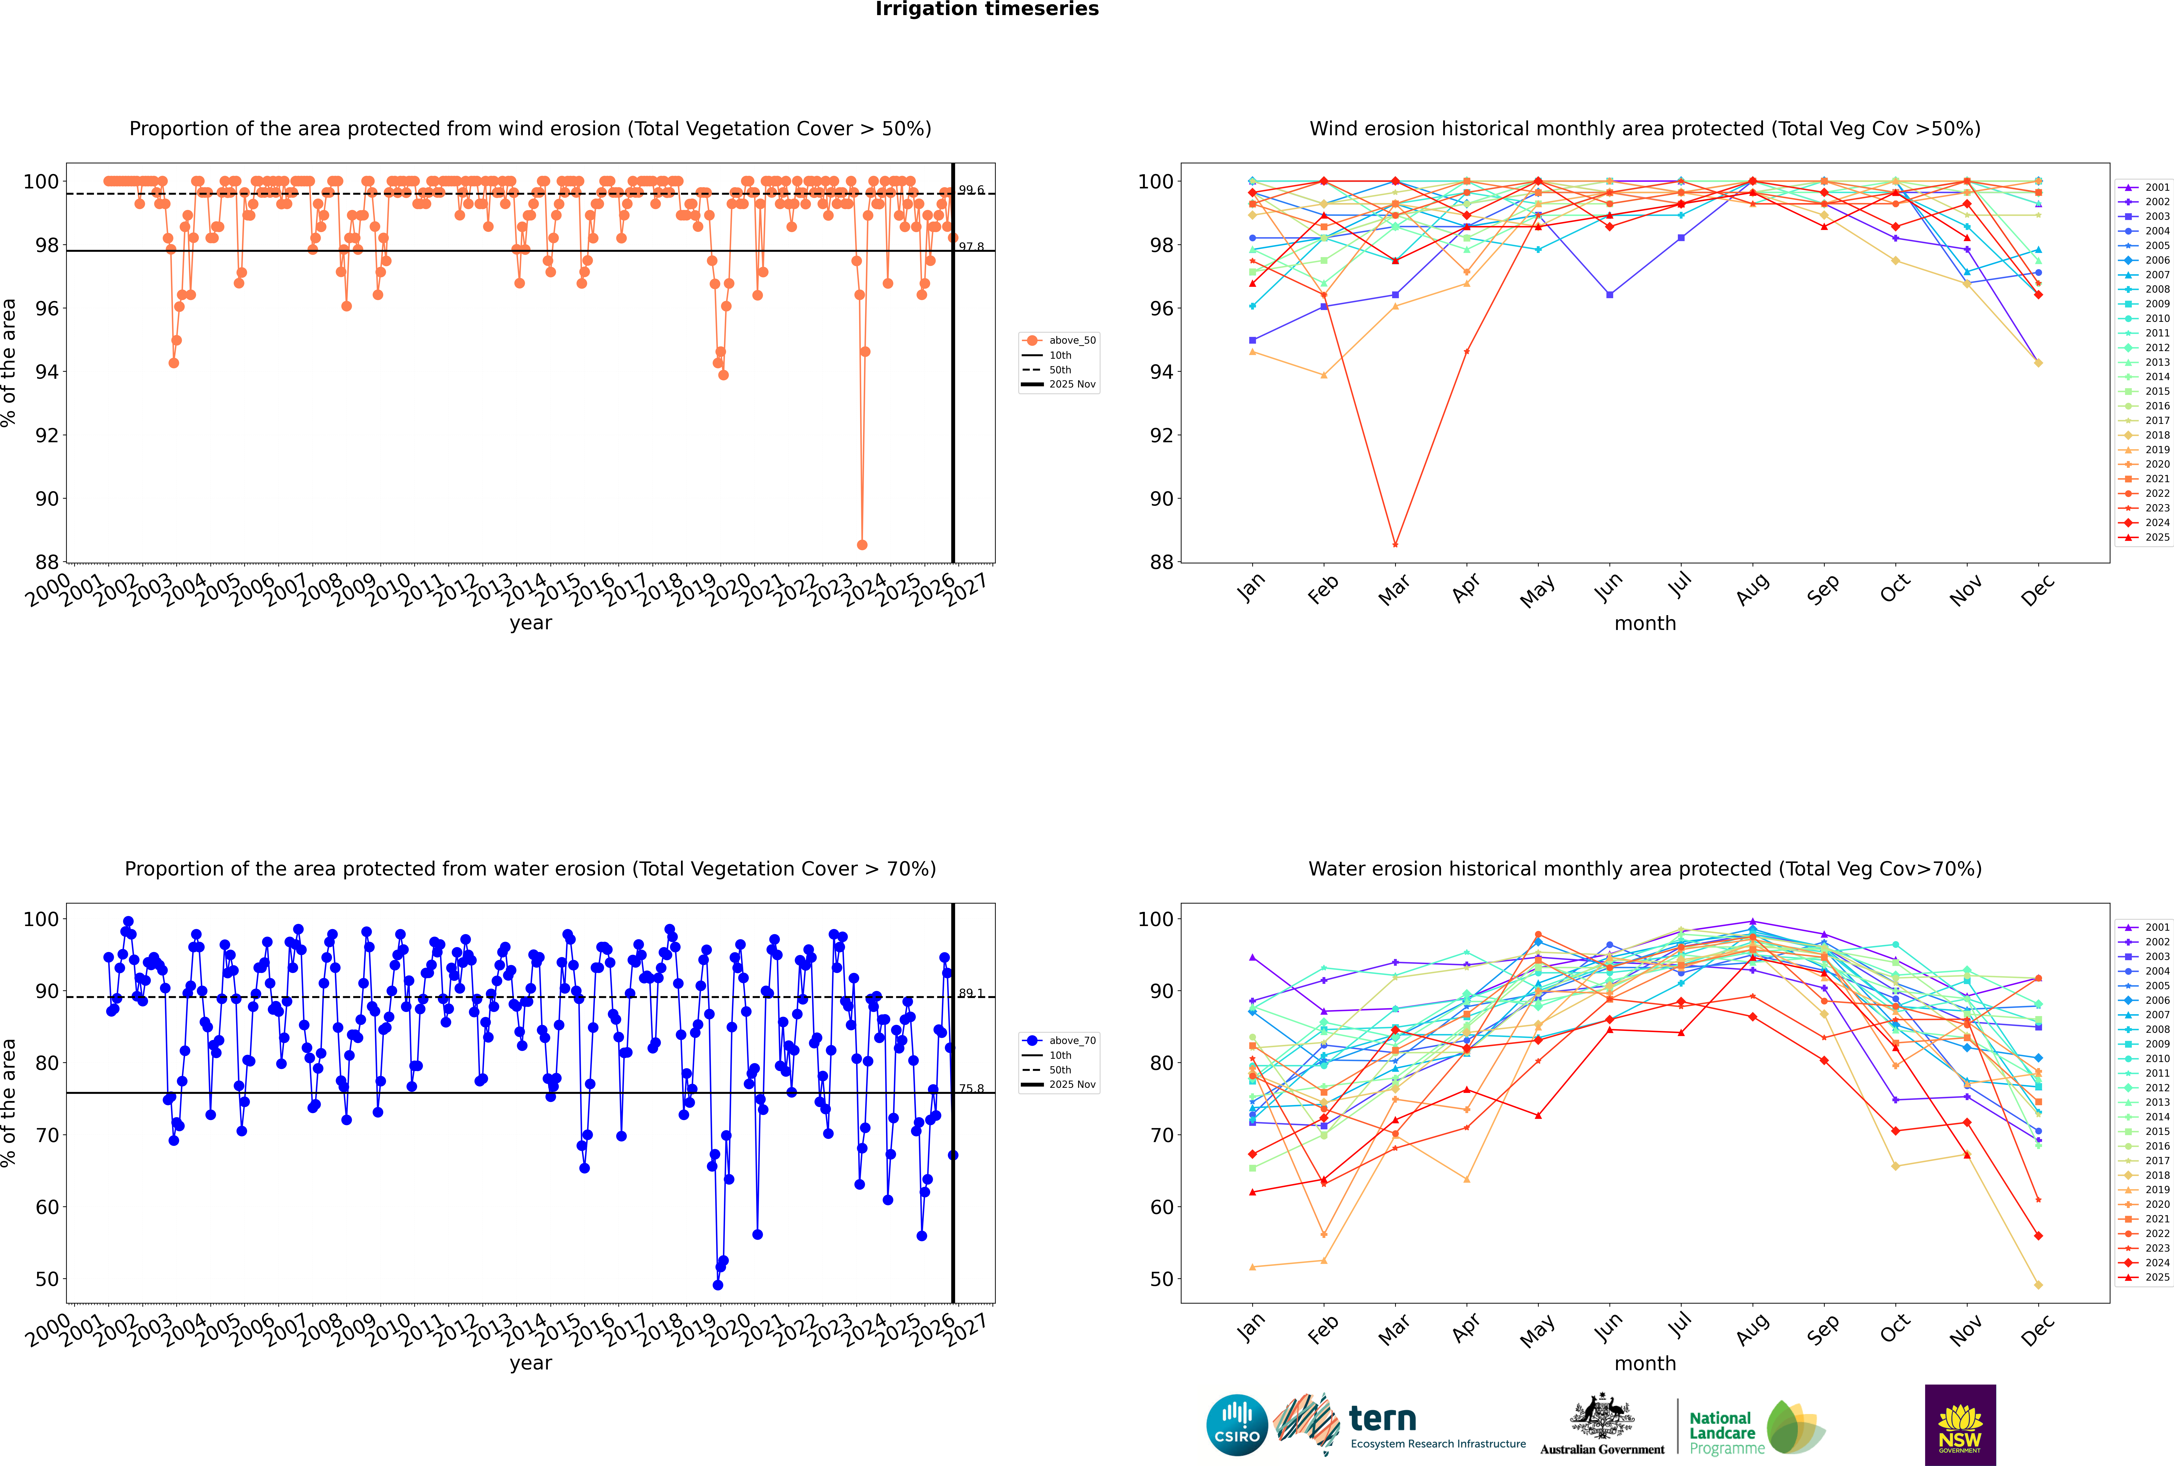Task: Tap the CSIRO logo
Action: coord(1236,1425)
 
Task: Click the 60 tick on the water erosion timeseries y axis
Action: coord(47,1207)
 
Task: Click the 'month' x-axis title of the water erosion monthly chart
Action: coord(1645,1363)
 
